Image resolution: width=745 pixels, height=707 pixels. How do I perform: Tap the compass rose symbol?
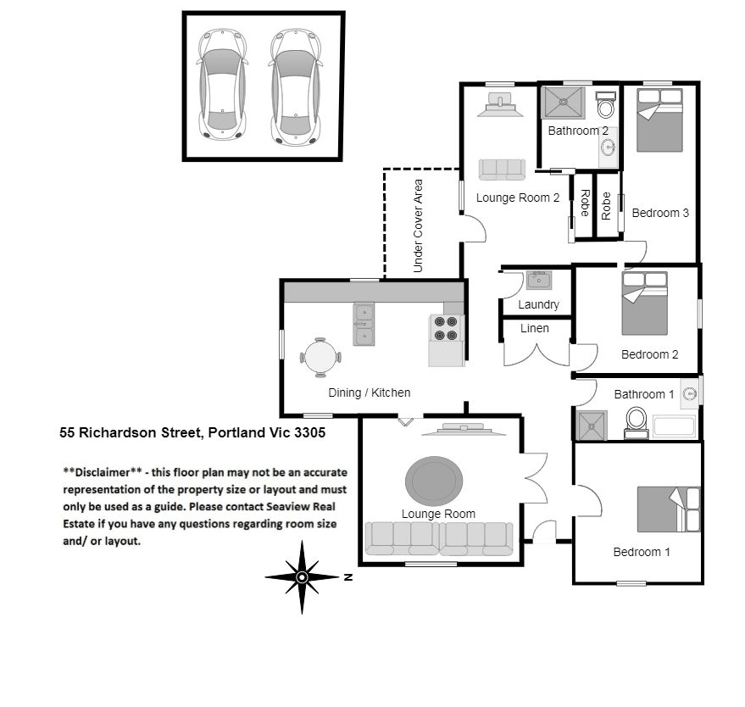(x=302, y=577)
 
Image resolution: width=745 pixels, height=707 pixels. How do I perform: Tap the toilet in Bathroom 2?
(x=606, y=107)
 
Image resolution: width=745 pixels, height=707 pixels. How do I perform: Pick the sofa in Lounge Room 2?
(x=502, y=170)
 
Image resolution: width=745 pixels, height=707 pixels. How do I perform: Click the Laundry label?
(x=538, y=304)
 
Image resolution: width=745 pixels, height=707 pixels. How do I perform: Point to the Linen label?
(x=534, y=328)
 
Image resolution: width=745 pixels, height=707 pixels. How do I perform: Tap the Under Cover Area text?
(x=418, y=225)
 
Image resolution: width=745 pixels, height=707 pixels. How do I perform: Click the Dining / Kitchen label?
(x=370, y=392)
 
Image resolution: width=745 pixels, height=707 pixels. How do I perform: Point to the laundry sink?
(x=538, y=281)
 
